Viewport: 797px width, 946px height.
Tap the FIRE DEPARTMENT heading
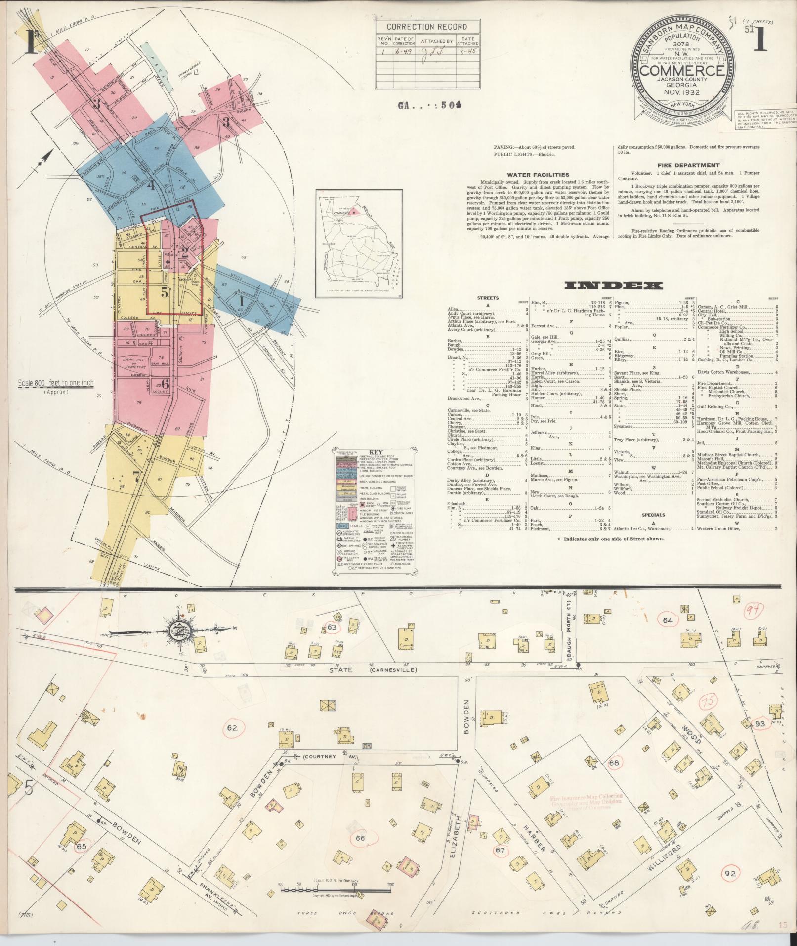687,165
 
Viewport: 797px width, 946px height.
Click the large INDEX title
613,286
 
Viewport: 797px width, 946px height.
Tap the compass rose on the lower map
176,630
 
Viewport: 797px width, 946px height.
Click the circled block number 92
730,873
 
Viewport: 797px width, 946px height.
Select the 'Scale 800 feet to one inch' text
55,383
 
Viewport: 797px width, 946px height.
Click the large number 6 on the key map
165,383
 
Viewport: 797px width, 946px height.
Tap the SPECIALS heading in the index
654,515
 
